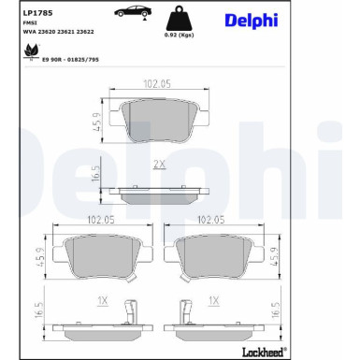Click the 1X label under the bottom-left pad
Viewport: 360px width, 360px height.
104,301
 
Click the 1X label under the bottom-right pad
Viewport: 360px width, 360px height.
214,301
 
